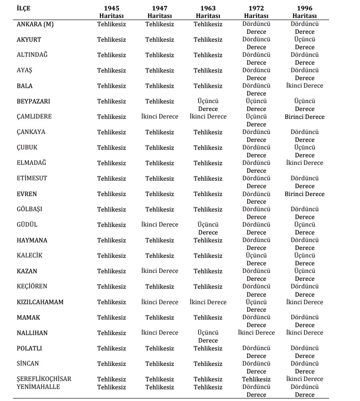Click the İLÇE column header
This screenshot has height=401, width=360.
pos(23,8)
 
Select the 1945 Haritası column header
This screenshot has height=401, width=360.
pos(112,12)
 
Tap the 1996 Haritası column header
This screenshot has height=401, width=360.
pos(305,12)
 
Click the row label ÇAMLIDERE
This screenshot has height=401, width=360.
pos(34,117)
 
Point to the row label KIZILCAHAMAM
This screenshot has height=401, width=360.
pos(40,302)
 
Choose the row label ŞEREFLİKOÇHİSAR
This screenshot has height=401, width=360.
pos(44,379)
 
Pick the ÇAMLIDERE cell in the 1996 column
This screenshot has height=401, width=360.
pos(305,117)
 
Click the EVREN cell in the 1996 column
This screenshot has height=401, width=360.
pos(305,194)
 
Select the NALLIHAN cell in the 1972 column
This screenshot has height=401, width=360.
pos(256,333)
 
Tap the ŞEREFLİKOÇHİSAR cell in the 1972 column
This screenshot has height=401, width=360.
pos(256,379)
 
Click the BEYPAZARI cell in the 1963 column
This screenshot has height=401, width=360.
pos(208,105)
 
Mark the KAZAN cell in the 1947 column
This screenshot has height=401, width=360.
pos(160,271)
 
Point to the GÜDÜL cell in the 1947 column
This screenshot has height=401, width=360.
pos(160,225)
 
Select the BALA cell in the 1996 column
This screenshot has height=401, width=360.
pos(305,86)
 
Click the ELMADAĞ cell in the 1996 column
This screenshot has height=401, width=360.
pos(305,163)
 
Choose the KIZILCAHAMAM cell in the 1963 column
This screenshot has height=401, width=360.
pos(208,302)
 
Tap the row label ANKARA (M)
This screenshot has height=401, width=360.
pos(35,24)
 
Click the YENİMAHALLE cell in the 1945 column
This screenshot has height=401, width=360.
pos(112,387)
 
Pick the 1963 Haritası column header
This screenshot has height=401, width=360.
pos(208,12)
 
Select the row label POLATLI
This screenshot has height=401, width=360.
pos(29,348)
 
